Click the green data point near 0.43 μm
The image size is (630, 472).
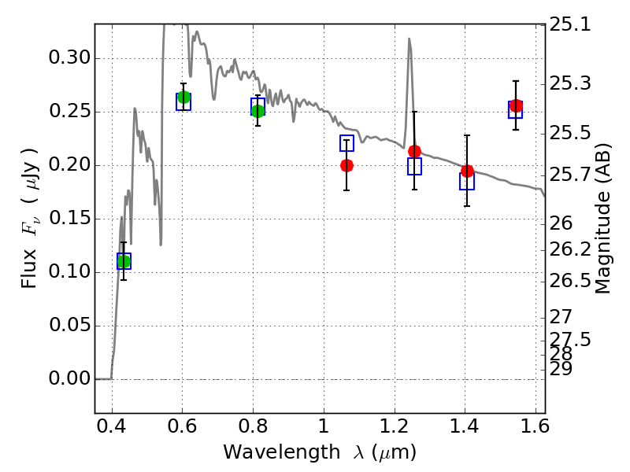tap(124, 261)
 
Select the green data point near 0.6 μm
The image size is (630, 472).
tap(183, 98)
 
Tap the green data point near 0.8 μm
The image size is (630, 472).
tap(258, 111)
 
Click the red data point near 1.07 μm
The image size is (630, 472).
tap(346, 165)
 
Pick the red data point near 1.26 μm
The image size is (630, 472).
tap(414, 151)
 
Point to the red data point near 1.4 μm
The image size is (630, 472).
tap(467, 171)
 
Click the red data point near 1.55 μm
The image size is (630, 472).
tap(516, 105)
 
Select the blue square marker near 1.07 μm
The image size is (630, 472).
tap(346, 143)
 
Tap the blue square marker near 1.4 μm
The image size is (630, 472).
tap(467, 182)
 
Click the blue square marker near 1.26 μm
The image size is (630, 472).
tap(414, 166)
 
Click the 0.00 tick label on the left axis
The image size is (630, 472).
tap(69, 379)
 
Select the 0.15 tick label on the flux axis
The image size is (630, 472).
tap(69, 219)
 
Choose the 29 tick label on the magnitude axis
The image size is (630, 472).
tap(560, 368)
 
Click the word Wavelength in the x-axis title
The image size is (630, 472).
tap(263, 452)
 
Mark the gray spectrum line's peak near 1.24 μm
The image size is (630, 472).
tap(409, 39)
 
